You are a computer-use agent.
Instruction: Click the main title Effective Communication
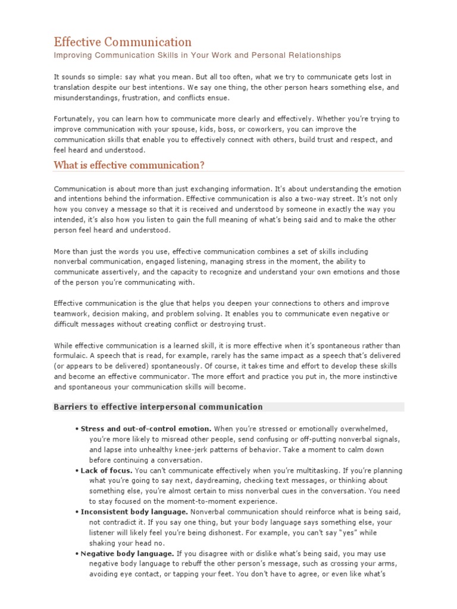coord(123,42)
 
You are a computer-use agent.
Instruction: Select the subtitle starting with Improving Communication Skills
coord(197,55)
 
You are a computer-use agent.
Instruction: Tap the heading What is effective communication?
coord(129,165)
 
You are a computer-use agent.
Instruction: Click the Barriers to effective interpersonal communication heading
coord(158,407)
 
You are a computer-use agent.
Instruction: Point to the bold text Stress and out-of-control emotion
coord(146,428)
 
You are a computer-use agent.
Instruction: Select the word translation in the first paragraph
coord(73,87)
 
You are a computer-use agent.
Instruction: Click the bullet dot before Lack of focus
coord(77,470)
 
